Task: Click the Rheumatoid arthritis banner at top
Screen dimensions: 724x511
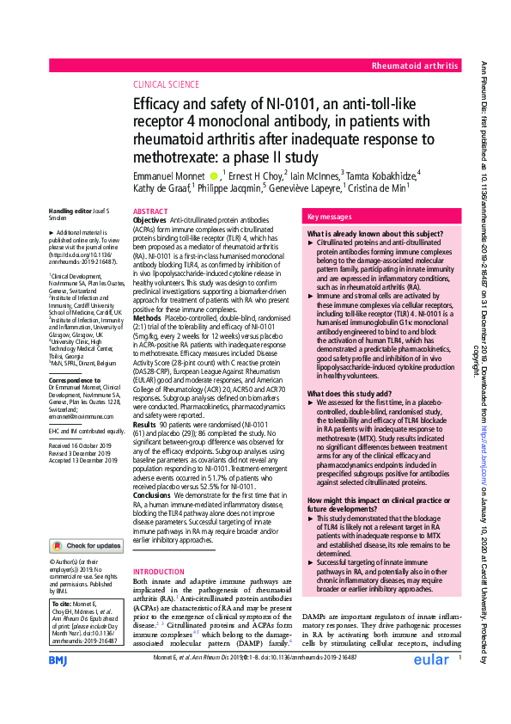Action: click(x=413, y=65)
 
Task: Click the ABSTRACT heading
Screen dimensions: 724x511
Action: click(x=151, y=212)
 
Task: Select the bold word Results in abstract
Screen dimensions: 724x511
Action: click(x=146, y=424)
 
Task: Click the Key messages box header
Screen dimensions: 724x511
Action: click(x=329, y=218)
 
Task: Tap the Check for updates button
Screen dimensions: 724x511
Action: click(x=86, y=545)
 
